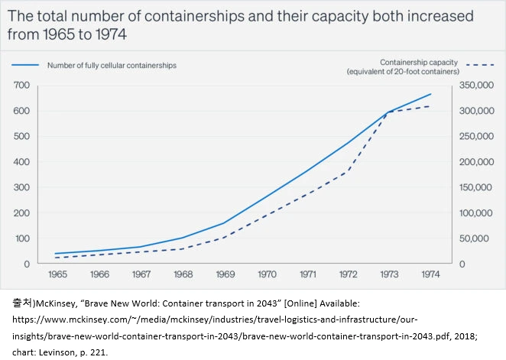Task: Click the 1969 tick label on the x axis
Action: (225, 274)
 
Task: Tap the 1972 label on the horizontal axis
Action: (349, 274)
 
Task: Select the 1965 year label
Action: (57, 274)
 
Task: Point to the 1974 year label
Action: (430, 274)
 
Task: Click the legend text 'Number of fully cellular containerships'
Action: (112, 66)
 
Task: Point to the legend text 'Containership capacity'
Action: (420, 62)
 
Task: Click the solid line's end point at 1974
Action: (430, 94)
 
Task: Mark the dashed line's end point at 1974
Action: (430, 106)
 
